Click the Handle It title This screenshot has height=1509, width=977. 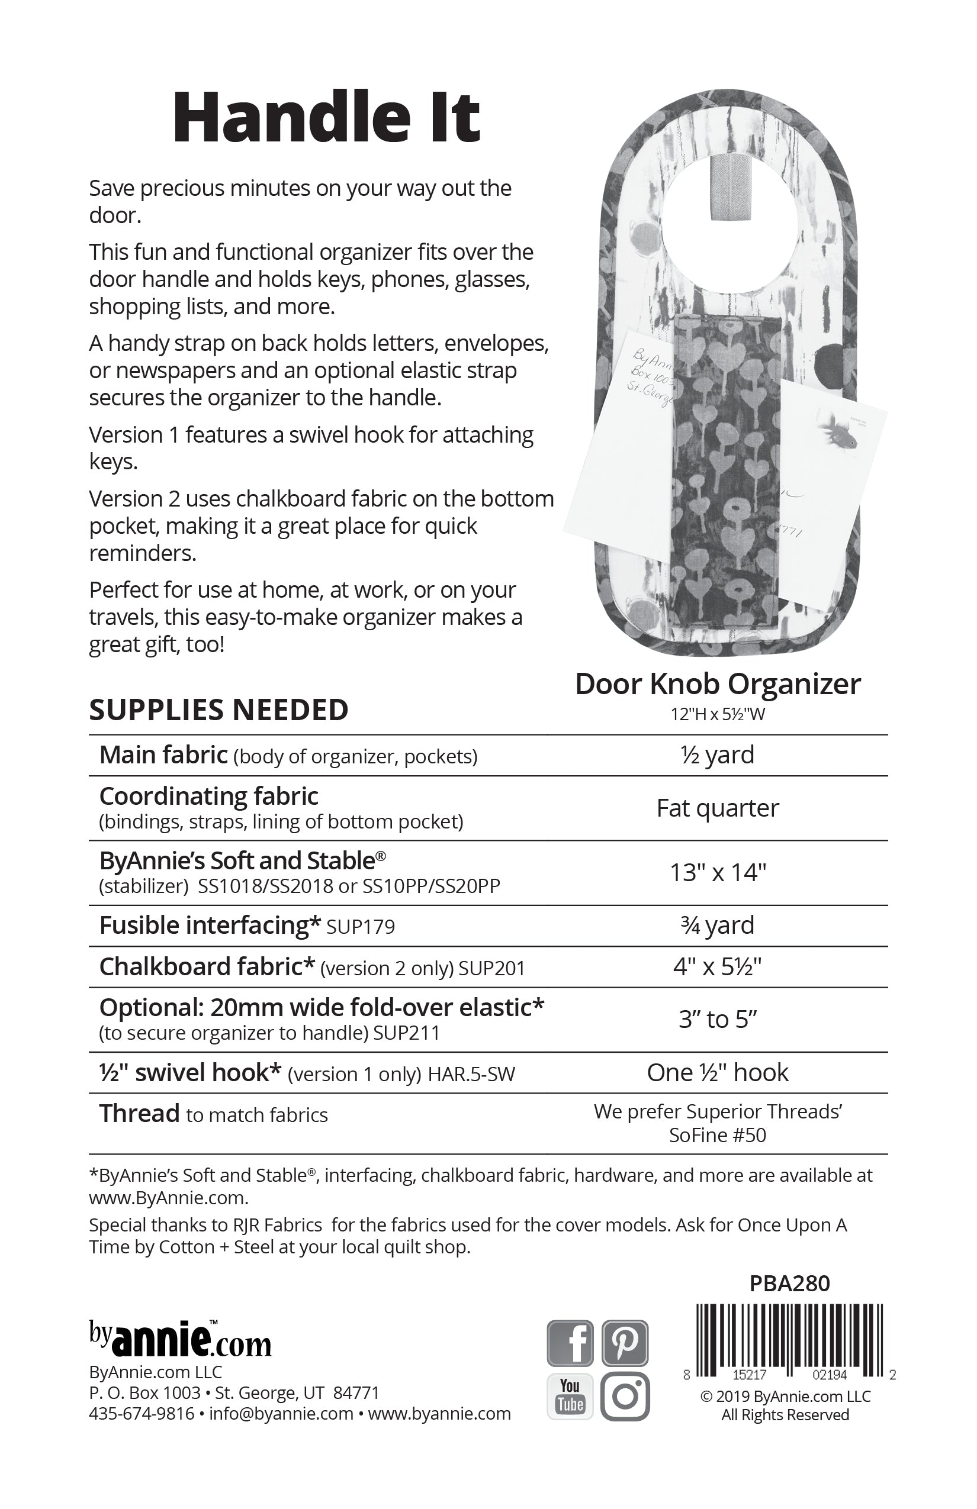326,118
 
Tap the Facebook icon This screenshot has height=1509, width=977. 570,1342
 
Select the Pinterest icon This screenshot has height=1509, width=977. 625,1342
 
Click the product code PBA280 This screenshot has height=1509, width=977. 789,1284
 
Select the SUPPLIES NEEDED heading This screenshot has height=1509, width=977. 219,710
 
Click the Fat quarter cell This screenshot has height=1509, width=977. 718,808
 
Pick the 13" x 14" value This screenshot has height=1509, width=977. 718,873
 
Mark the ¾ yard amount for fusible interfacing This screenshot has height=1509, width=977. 718,926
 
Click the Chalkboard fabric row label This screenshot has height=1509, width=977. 207,967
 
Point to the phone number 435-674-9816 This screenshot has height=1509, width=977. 142,1414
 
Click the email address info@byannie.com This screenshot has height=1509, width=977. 281,1414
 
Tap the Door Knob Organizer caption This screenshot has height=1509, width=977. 718,684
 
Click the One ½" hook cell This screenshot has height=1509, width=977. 718,1073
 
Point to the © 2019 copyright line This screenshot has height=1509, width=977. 785,1396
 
